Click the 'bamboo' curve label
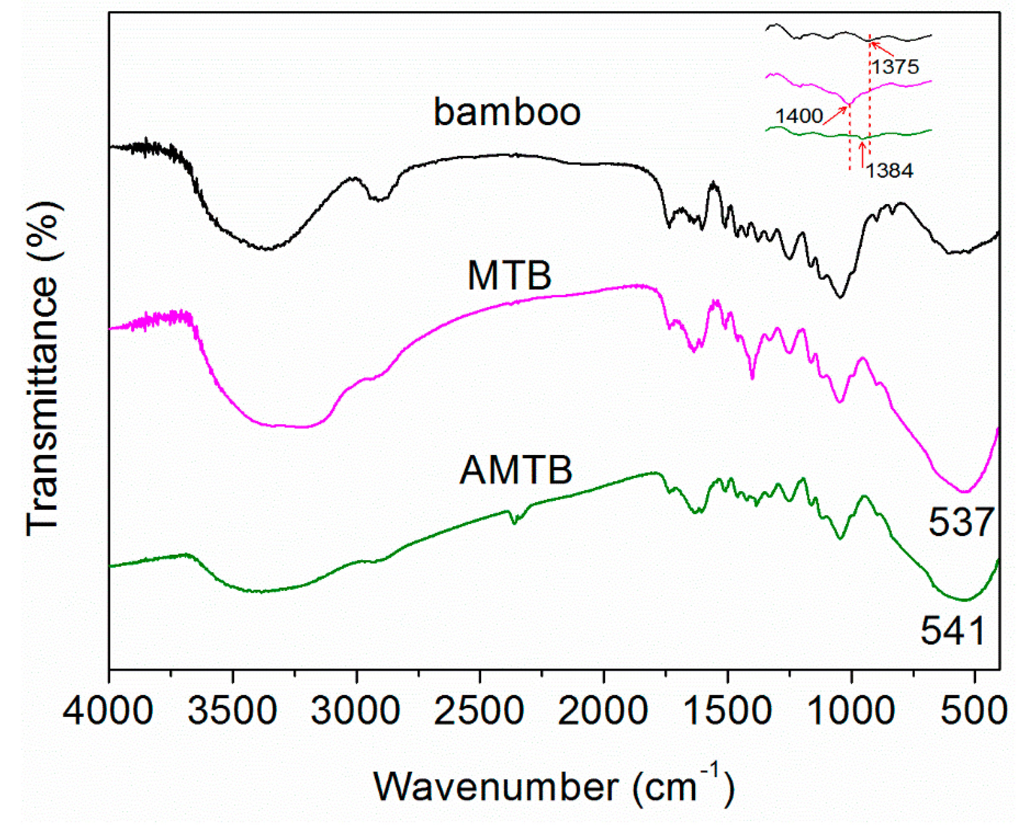click(x=507, y=112)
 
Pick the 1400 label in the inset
click(x=799, y=116)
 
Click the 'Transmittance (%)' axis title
click(x=42, y=369)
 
